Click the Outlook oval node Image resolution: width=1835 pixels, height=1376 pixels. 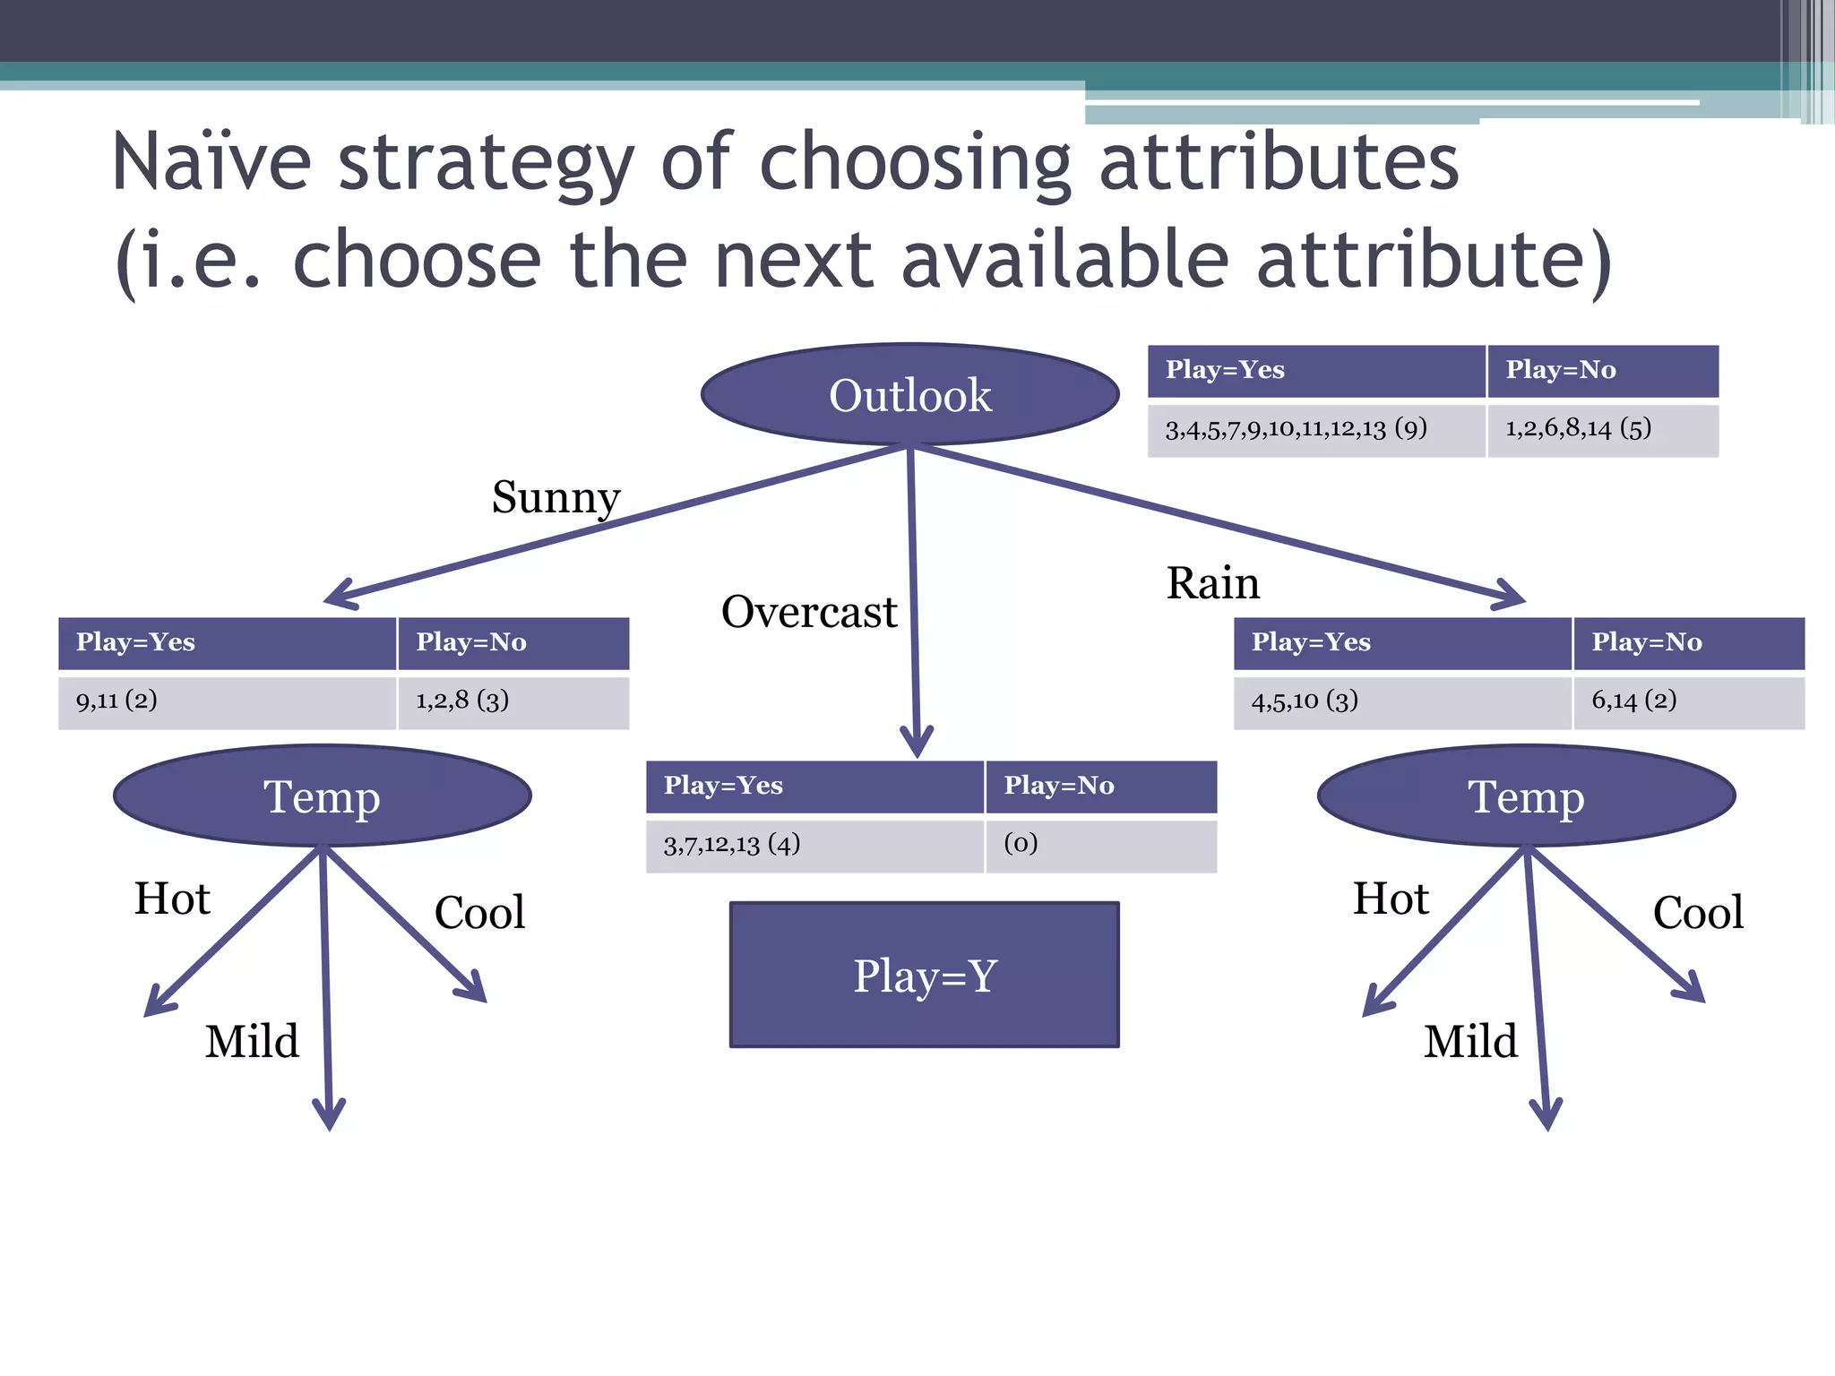(909, 395)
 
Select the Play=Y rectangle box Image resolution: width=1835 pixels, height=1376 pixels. (924, 975)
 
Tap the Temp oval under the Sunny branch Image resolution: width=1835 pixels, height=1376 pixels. (322, 795)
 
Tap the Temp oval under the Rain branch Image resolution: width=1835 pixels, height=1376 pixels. (1526, 795)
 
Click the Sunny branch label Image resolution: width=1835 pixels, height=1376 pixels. (556, 497)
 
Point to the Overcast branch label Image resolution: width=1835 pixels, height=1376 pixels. (808, 613)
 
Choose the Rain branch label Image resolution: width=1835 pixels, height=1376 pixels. (1212, 583)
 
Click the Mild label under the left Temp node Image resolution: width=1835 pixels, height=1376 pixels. (252, 1042)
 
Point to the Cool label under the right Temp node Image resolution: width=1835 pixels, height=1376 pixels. (1698, 913)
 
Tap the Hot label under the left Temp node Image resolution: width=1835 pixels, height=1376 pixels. (172, 899)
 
